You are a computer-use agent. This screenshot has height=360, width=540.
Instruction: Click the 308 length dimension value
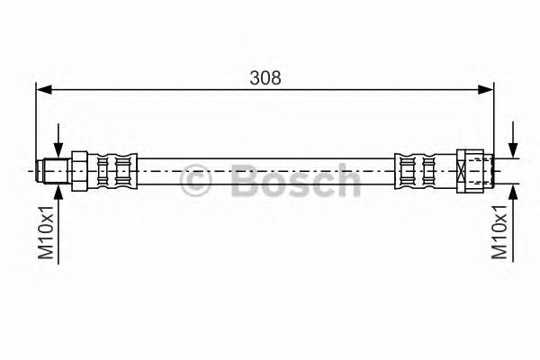pyautogui.click(x=265, y=77)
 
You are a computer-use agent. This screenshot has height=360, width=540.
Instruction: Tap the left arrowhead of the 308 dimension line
pyautogui.click(x=42, y=89)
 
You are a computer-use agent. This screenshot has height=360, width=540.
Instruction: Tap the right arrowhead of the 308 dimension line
pyautogui.click(x=487, y=89)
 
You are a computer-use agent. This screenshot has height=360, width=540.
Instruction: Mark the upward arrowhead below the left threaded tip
pyautogui.click(x=58, y=189)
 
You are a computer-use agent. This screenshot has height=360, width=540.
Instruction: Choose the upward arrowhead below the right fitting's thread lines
pyautogui.click(x=514, y=189)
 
